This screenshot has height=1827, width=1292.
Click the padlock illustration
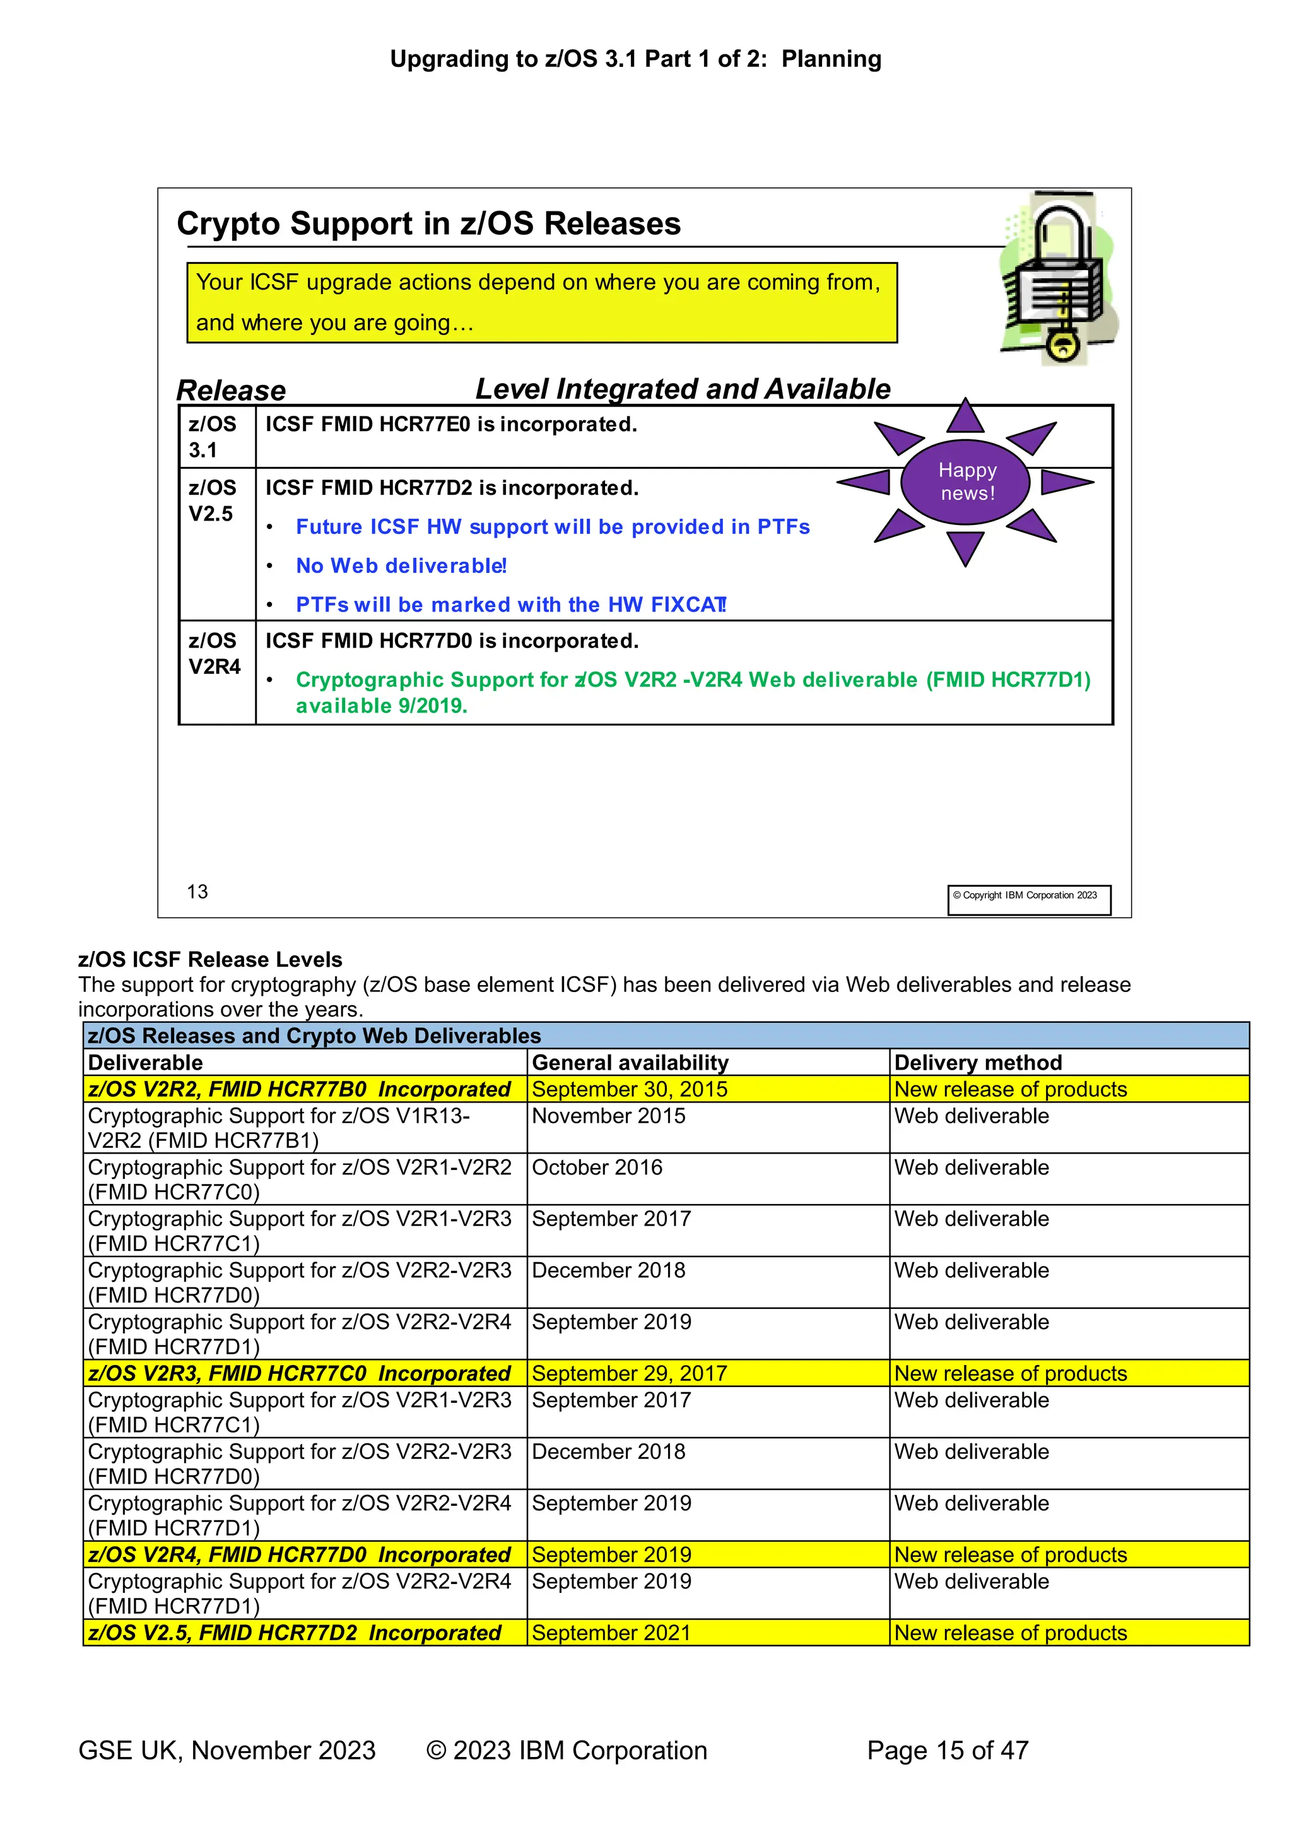click(1057, 278)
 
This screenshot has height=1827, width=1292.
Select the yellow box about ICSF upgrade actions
click(542, 302)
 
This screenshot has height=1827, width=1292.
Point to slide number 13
click(197, 891)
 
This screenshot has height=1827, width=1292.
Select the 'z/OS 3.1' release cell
click(213, 437)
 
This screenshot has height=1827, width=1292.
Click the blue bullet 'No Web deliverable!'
click(401, 565)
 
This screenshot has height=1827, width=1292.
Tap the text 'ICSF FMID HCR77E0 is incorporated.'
click(451, 424)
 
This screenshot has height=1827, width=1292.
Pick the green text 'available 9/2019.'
click(381, 706)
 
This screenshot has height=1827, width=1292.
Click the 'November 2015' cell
click(609, 1116)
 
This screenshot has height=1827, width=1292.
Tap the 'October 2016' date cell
click(597, 1168)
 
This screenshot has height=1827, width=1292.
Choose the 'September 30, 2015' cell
click(630, 1089)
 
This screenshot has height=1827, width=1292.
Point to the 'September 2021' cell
click(611, 1632)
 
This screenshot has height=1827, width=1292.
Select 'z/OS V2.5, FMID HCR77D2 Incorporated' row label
click(295, 1632)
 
